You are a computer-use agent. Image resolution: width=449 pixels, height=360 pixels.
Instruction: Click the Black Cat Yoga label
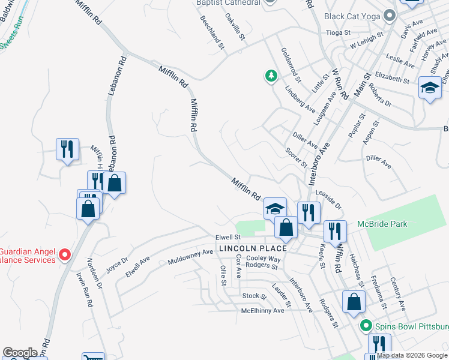(353, 16)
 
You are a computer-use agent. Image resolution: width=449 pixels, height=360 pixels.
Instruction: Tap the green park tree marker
(271, 76)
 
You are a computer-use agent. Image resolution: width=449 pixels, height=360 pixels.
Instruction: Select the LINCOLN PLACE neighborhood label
(252, 248)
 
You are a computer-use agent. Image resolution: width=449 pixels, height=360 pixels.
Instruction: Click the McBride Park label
(382, 224)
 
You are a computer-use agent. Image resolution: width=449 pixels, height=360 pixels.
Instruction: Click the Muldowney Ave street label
(190, 257)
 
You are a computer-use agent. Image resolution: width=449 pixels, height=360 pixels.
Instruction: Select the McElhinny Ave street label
(262, 310)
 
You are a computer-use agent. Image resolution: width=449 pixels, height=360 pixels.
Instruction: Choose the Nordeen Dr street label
(95, 274)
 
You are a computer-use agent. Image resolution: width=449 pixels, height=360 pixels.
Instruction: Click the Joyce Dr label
(117, 264)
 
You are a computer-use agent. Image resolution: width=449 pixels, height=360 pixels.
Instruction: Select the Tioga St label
(337, 32)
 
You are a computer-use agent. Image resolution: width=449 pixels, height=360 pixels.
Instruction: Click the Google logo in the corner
(20, 353)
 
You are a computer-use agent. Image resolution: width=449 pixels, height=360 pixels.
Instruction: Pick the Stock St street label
(254, 296)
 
